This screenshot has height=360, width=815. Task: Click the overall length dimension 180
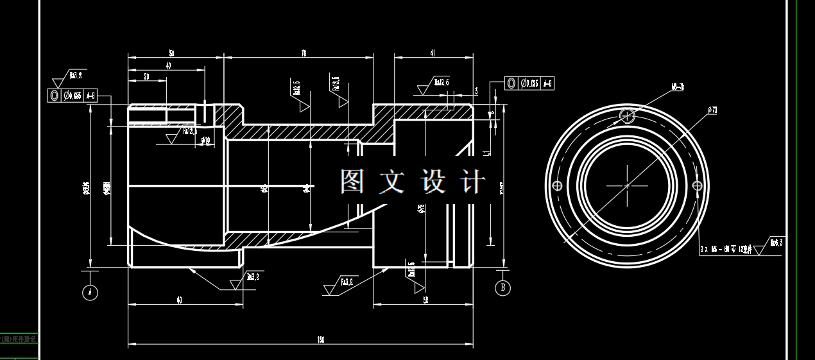tap(320, 339)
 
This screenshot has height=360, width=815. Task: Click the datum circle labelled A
tap(90, 293)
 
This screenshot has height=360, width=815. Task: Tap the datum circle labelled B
tap(503, 287)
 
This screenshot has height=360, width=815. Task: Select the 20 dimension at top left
tap(146, 76)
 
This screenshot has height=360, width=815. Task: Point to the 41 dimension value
tap(433, 54)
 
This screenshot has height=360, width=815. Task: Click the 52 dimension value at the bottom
tap(425, 300)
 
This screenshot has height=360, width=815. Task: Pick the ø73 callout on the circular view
tap(712, 110)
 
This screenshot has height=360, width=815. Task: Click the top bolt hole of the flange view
tap(628, 116)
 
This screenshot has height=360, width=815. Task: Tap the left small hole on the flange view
tap(557, 185)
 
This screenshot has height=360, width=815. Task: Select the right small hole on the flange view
tap(698, 185)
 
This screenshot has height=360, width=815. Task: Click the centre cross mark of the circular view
tap(627, 185)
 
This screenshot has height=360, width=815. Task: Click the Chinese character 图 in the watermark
tap(352, 182)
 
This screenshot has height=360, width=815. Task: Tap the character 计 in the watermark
tap(474, 182)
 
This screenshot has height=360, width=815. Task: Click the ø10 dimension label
tap(205, 140)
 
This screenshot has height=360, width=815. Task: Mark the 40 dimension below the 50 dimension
tap(168, 65)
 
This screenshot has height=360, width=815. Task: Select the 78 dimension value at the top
tap(303, 54)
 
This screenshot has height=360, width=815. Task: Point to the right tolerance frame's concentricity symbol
tap(511, 83)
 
